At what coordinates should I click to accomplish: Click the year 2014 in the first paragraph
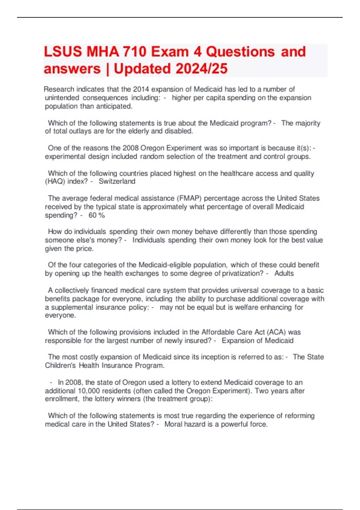pyautogui.click(x=141, y=89)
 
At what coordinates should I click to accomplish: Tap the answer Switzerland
pyautogui.click(x=117, y=181)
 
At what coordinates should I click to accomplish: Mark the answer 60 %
pyautogui.click(x=97, y=215)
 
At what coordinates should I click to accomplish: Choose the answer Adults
pyautogui.click(x=284, y=274)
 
